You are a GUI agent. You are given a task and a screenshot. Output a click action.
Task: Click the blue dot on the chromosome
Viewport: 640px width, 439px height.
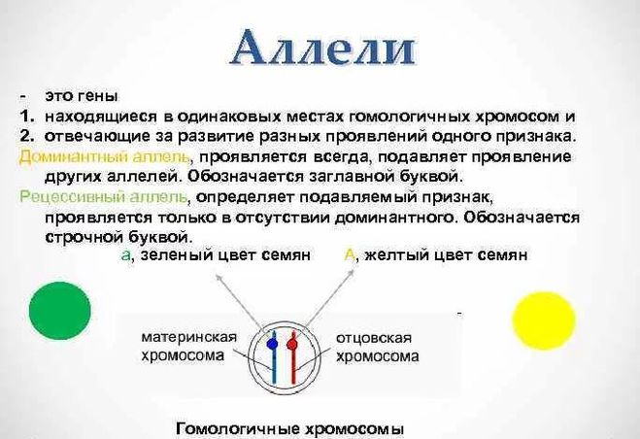(271, 343)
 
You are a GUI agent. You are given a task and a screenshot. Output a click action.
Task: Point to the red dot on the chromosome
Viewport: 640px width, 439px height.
(295, 343)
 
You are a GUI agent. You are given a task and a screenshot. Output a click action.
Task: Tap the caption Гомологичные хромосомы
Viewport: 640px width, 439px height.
(289, 428)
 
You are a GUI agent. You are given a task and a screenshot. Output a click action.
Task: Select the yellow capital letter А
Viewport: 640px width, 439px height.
(351, 255)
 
